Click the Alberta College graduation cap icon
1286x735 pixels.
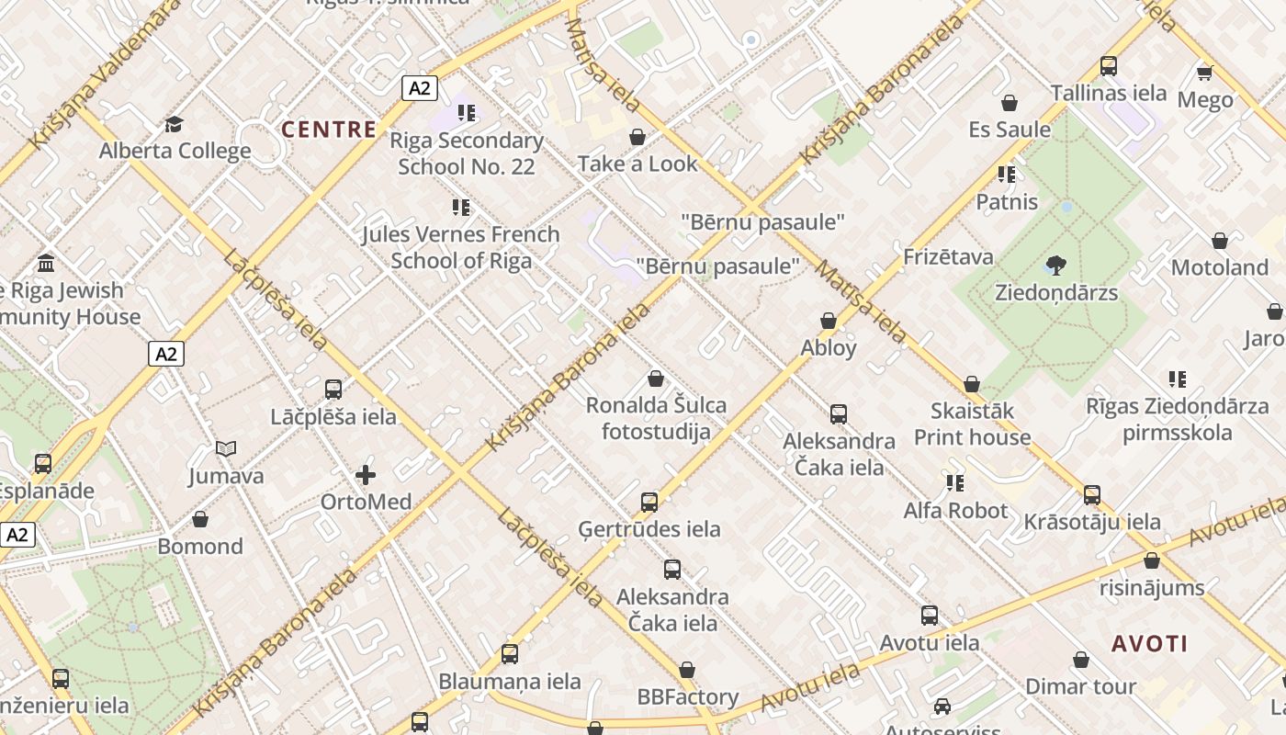pos(174,124)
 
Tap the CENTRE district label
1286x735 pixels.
pos(329,130)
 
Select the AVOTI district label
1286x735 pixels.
pos(1149,643)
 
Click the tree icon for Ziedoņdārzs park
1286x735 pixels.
pos(1055,266)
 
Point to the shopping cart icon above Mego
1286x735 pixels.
pos(1204,73)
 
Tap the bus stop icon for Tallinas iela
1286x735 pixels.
pos(1109,66)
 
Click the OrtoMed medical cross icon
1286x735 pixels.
pos(366,475)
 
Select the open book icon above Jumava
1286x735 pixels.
pos(226,449)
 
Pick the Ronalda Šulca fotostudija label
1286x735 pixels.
pos(656,418)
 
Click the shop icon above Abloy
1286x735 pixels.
pos(829,321)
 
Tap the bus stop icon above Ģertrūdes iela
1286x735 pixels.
pos(649,503)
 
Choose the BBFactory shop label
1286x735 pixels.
pos(688,697)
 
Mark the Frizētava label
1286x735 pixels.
pos(948,256)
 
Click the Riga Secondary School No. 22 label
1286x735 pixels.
pos(467,153)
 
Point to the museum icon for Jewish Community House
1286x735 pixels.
pos(46,264)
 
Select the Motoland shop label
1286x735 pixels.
pos(1219,267)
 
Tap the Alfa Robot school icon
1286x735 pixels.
pos(955,482)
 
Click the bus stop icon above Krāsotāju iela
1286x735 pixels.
pos(1092,495)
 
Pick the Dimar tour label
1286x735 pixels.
pos(1080,686)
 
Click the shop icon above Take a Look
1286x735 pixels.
pos(637,137)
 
